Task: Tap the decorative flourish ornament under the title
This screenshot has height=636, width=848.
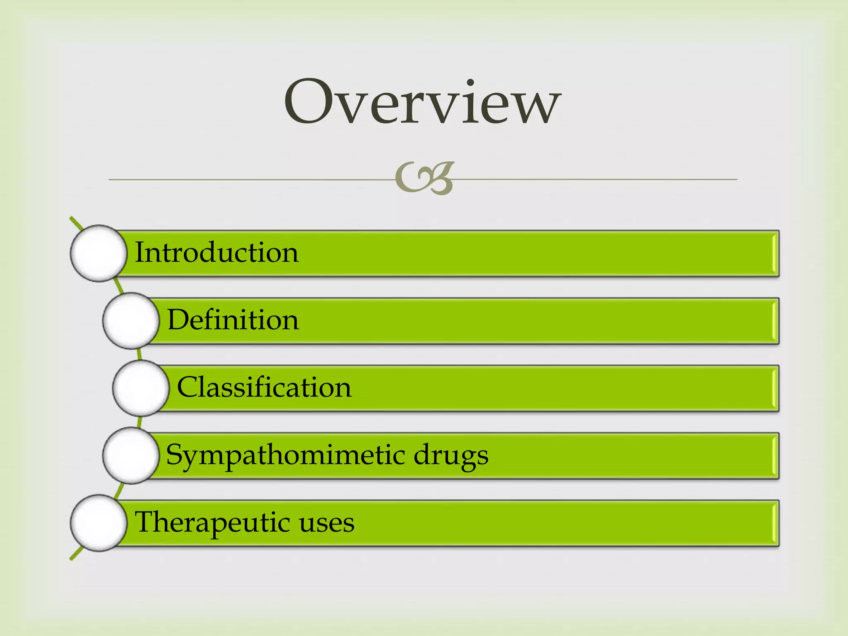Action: point(425,178)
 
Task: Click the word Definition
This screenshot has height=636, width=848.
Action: point(233,320)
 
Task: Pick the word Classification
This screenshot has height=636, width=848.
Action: point(264,387)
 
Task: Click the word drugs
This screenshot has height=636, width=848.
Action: point(451,455)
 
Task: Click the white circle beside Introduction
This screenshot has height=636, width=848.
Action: point(99,253)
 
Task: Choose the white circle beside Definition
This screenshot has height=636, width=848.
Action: point(131,321)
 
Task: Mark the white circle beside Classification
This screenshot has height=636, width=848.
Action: point(141,388)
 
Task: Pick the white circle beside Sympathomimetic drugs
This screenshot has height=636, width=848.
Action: point(131,455)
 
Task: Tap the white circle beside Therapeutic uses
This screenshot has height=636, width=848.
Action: point(99,523)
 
